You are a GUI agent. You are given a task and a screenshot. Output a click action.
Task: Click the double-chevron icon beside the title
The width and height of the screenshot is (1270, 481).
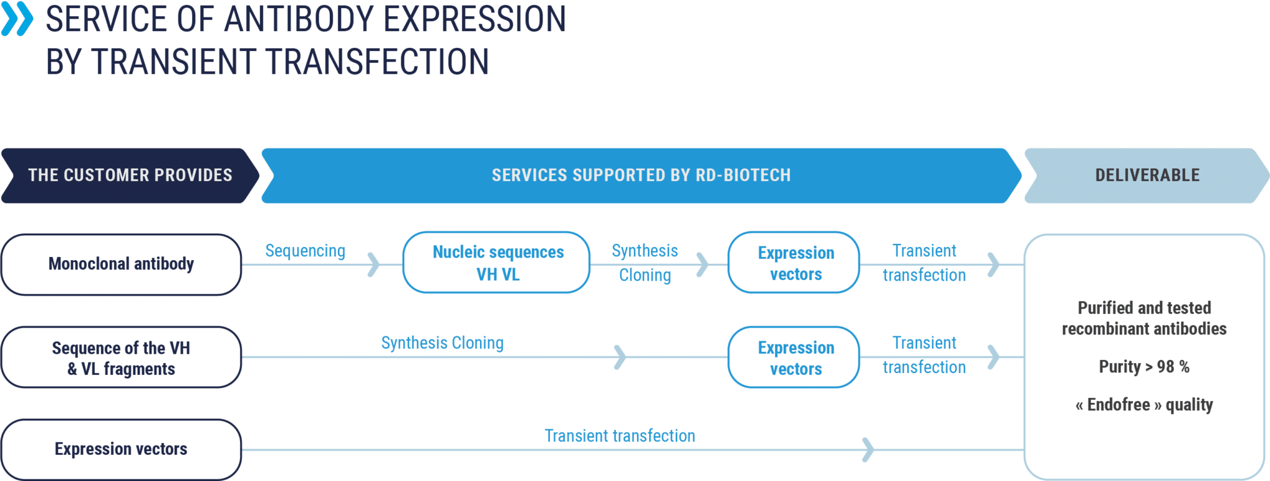pyautogui.click(x=17, y=19)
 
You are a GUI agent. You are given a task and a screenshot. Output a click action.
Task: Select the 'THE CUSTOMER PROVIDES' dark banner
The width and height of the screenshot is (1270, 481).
pyautogui.click(x=130, y=176)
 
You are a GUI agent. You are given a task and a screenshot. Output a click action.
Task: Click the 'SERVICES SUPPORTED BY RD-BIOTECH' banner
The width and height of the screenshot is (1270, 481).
pyautogui.click(x=641, y=176)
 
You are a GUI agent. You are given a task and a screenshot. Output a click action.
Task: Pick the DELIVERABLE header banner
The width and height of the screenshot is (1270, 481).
pyautogui.click(x=1147, y=176)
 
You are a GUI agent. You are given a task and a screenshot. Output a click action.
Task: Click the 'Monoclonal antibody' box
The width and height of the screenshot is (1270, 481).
pyautogui.click(x=122, y=264)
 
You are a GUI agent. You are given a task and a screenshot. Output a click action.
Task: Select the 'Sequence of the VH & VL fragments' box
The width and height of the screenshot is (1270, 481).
pyautogui.click(x=122, y=357)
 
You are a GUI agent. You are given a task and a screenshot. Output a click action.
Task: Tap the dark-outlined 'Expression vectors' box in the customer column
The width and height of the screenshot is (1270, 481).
pyautogui.click(x=122, y=449)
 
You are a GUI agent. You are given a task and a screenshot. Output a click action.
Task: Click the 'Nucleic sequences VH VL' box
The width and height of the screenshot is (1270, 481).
pyautogui.click(x=497, y=263)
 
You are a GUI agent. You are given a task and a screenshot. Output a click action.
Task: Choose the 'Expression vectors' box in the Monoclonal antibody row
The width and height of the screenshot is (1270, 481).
pyautogui.click(x=794, y=263)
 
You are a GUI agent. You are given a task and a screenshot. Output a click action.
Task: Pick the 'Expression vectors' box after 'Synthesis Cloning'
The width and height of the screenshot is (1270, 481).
pyautogui.click(x=794, y=357)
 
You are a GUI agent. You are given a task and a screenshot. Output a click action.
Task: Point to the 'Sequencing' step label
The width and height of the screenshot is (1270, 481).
pyautogui.click(x=305, y=251)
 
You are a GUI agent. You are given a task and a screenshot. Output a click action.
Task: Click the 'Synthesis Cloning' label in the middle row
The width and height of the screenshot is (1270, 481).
pyautogui.click(x=442, y=343)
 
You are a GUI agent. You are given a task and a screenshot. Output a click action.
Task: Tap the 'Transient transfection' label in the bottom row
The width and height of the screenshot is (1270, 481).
pyautogui.click(x=620, y=436)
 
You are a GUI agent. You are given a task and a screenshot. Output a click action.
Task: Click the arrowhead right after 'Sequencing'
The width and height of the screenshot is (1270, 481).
pyautogui.click(x=374, y=264)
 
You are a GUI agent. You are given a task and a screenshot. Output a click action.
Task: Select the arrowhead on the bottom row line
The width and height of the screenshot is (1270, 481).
pyautogui.click(x=868, y=450)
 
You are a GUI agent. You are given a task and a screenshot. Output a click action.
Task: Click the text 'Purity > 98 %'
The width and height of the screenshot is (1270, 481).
pyautogui.click(x=1144, y=367)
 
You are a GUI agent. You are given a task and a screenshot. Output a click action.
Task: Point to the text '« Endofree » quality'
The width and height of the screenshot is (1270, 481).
pyautogui.click(x=1144, y=405)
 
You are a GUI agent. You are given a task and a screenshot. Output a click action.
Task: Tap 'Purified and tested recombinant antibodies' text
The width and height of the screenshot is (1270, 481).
pyautogui.click(x=1144, y=318)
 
